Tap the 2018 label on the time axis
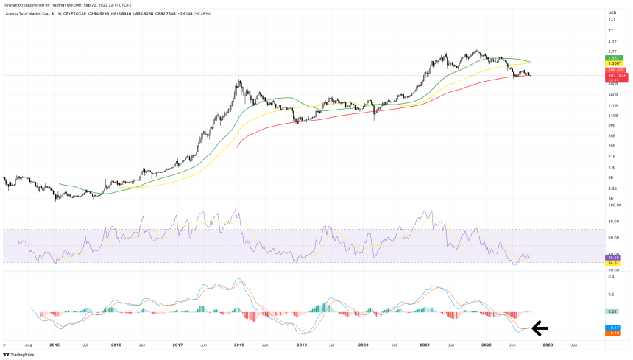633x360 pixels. click(x=238, y=343)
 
